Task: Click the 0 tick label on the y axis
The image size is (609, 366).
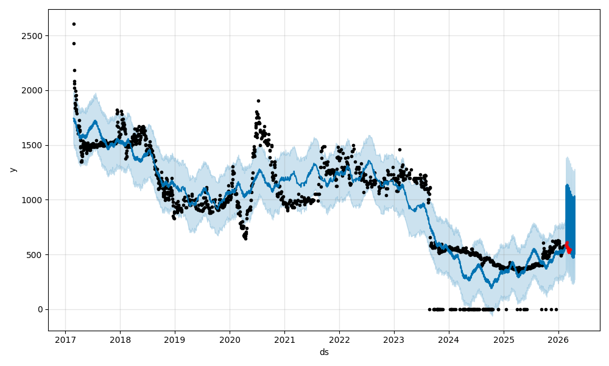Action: pos(40,309)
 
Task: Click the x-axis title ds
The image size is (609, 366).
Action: pos(324,352)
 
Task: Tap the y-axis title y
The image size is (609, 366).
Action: pos(12,170)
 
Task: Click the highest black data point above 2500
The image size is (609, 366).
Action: pos(74,24)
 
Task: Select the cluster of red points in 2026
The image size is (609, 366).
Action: pos(568,247)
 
